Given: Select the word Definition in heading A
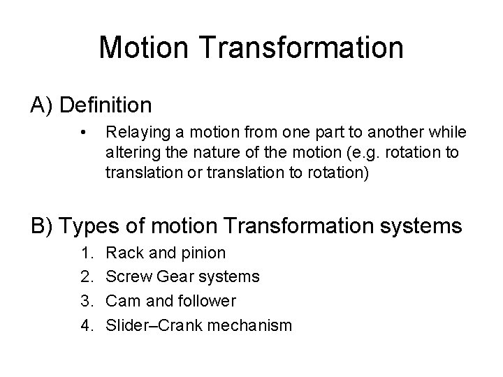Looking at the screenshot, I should (x=106, y=105).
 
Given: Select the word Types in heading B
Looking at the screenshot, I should (x=89, y=226).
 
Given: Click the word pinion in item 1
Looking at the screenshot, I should (x=204, y=253).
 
